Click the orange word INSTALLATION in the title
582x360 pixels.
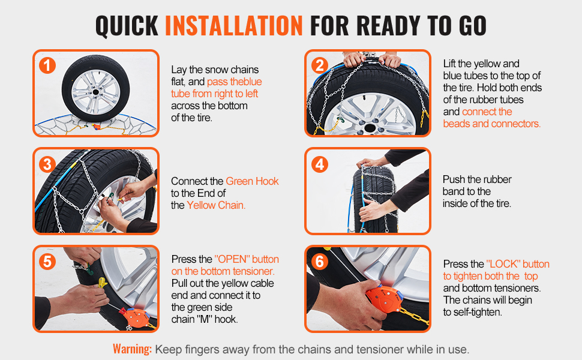click(x=234, y=26)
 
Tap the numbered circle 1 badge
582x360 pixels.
click(x=47, y=65)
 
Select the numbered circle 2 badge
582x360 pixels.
click(x=320, y=65)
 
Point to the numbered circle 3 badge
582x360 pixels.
click(x=47, y=164)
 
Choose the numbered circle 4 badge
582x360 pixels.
click(x=320, y=164)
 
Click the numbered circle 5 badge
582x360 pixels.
click(x=47, y=262)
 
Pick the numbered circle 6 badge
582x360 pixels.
click(x=320, y=262)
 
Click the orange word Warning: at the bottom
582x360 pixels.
click(x=133, y=349)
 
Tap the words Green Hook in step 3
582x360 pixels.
click(x=252, y=181)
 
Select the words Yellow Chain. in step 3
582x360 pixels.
click(x=216, y=205)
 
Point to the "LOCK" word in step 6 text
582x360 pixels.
click(x=503, y=264)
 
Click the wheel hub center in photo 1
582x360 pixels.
click(x=95, y=91)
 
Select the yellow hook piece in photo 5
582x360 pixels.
click(x=102, y=283)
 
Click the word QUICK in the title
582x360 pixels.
click(x=127, y=26)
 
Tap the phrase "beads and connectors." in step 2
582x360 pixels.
click(x=492, y=124)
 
